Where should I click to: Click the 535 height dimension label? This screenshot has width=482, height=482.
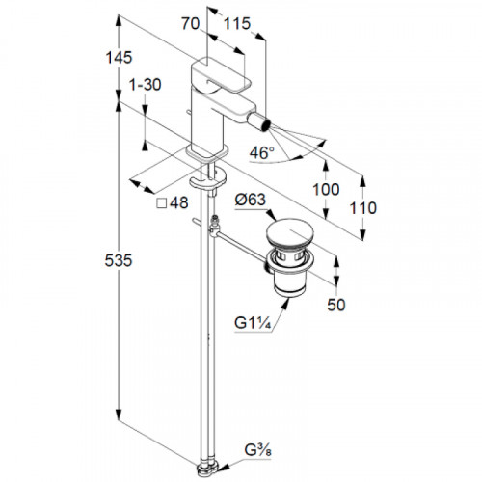click(x=119, y=260)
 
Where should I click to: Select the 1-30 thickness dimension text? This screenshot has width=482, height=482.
click(x=145, y=85)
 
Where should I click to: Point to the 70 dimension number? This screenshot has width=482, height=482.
click(x=190, y=24)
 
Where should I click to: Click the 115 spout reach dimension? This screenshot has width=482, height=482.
click(x=237, y=24)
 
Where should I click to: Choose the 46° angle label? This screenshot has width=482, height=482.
click(x=262, y=152)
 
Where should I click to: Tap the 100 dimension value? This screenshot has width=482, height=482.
click(x=326, y=189)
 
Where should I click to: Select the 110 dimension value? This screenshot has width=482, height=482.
click(x=363, y=208)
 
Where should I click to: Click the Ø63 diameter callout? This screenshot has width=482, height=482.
click(x=251, y=200)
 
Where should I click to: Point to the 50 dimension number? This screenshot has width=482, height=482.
click(x=336, y=305)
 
